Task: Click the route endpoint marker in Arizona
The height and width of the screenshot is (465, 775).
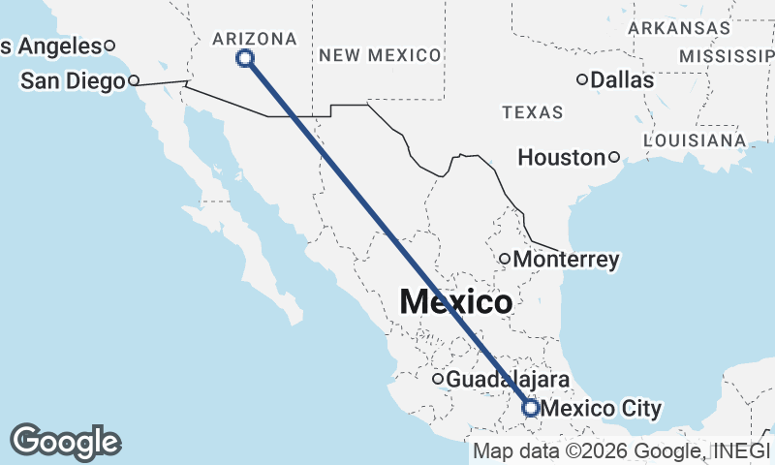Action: tap(246, 58)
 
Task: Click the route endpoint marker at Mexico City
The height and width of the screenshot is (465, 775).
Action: tap(530, 408)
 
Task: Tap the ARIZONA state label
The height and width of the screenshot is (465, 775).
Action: tap(255, 38)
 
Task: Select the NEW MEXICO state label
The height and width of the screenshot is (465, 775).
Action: tap(380, 55)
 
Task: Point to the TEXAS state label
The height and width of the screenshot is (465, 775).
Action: tap(533, 112)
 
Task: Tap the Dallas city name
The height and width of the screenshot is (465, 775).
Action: tap(622, 79)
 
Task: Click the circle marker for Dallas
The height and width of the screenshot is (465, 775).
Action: tap(582, 79)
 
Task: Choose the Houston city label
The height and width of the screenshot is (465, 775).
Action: tap(561, 157)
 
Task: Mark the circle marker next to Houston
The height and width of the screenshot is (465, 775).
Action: tap(614, 157)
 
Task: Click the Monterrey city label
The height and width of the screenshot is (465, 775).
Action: tap(567, 260)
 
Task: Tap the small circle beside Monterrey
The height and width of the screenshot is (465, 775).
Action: tap(505, 259)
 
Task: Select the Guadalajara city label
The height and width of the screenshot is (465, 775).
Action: tap(508, 380)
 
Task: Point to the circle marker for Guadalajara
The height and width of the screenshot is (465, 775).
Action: tap(438, 379)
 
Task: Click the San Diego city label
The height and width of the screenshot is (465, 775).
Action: tap(72, 80)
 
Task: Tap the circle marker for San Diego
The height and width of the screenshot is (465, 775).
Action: tap(134, 80)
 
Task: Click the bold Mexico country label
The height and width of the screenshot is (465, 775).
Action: tap(456, 301)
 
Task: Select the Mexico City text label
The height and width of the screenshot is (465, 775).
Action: tap(602, 409)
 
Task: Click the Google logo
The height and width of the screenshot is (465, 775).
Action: tap(65, 442)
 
